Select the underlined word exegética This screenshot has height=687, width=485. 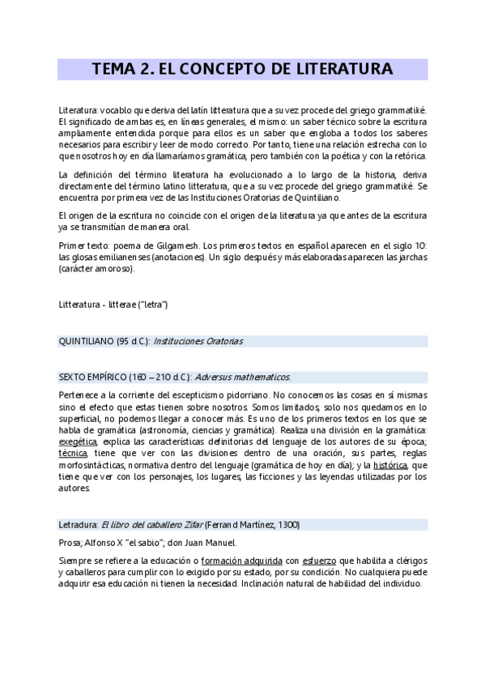pos(78,442)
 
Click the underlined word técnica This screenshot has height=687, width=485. pos(73,454)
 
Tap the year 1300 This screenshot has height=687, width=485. pos(287,525)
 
